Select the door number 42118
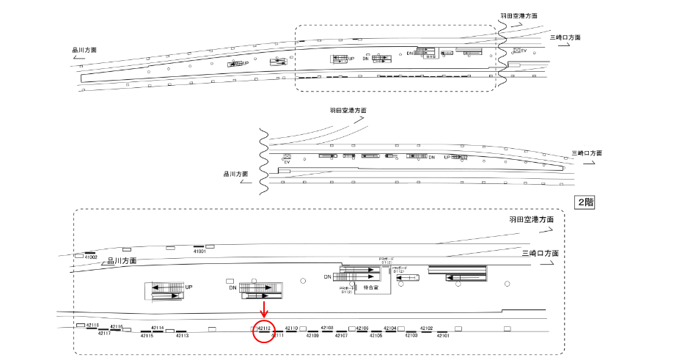(92, 325)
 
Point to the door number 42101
(443, 335)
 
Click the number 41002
(91, 257)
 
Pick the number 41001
(199, 251)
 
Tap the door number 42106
(362, 328)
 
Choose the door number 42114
(157, 328)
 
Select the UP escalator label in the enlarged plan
(188, 287)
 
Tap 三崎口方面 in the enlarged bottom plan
(541, 253)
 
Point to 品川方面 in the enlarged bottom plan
(122, 260)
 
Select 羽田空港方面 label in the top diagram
(519, 15)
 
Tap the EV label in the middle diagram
(287, 163)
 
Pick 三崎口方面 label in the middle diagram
(587, 153)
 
